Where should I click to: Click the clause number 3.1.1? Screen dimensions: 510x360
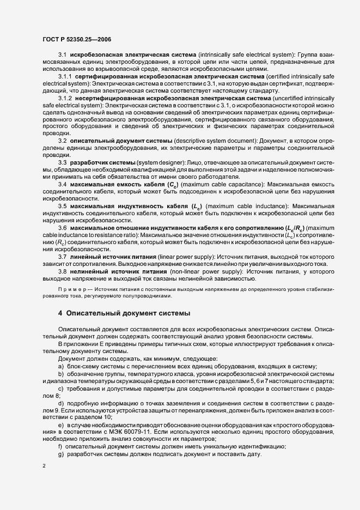coord(66,77)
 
